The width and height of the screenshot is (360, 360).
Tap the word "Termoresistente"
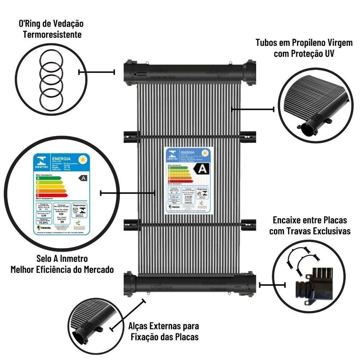pos(52,35)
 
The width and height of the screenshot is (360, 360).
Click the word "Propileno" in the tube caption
pos(307,42)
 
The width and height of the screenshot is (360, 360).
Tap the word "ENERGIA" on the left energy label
pos(61,159)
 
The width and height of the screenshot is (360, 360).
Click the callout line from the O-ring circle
pos(96,72)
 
